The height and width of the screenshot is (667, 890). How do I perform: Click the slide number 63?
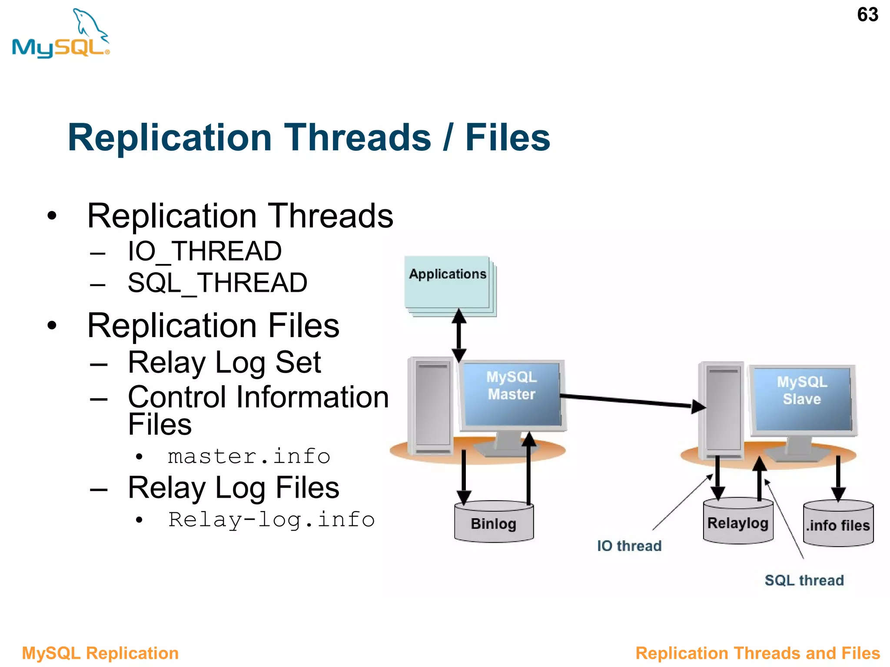(x=867, y=15)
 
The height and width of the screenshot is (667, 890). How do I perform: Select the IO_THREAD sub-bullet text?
(x=204, y=251)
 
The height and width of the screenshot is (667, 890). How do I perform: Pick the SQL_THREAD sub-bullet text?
(x=217, y=283)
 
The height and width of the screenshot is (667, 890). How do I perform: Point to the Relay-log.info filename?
(x=271, y=520)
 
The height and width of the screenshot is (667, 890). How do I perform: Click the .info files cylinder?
(x=838, y=524)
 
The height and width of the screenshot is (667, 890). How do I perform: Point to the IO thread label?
(x=629, y=546)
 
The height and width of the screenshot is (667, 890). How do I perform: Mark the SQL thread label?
(x=804, y=581)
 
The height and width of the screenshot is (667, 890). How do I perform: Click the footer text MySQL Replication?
(x=100, y=653)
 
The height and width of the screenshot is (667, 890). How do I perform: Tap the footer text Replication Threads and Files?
(x=757, y=653)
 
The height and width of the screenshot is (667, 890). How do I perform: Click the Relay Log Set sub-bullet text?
(x=224, y=363)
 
